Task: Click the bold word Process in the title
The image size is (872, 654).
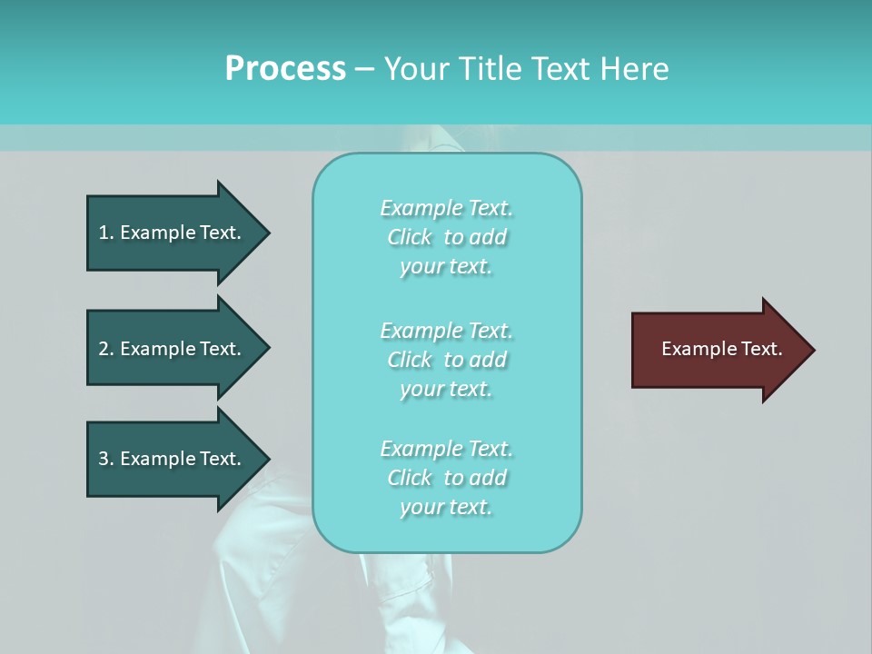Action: point(285,68)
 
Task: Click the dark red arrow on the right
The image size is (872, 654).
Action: point(718,349)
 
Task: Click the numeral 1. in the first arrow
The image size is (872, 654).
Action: point(106,233)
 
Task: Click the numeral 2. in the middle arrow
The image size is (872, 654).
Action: point(106,349)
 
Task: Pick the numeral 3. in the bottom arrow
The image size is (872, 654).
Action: point(106,459)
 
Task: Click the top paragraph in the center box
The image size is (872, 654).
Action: point(446,237)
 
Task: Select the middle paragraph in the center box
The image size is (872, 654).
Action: point(446,360)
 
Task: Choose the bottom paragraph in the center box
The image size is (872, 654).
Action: point(446,478)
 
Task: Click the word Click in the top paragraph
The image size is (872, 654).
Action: point(409,237)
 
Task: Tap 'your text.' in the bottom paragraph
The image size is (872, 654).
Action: point(446,507)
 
